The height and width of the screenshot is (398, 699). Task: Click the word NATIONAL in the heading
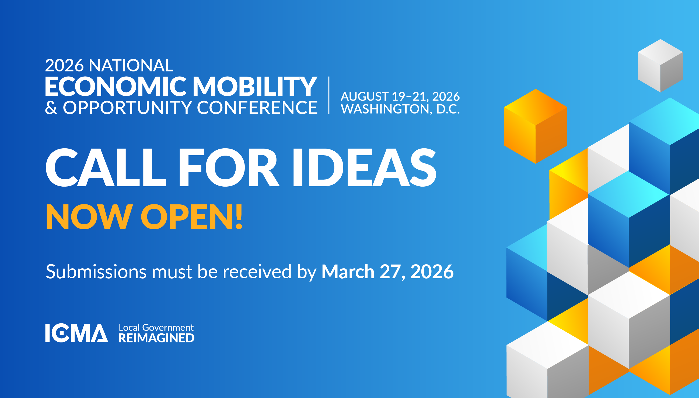131,66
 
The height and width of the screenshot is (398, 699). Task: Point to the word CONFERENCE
257,107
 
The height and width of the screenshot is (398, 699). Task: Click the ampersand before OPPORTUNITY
51,108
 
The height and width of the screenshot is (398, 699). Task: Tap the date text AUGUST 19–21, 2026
400,97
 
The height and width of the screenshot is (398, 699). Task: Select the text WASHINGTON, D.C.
400,109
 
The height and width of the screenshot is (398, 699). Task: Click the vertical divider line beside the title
329,95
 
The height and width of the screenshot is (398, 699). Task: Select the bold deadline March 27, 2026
387,272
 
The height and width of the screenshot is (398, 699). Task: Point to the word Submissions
96,272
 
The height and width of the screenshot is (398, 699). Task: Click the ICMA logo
76,333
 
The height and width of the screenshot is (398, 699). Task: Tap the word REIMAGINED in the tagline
156,338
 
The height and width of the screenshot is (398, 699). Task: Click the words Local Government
156,327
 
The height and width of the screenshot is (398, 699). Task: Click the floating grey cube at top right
660,66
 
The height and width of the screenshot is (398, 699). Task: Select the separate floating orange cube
536,126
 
